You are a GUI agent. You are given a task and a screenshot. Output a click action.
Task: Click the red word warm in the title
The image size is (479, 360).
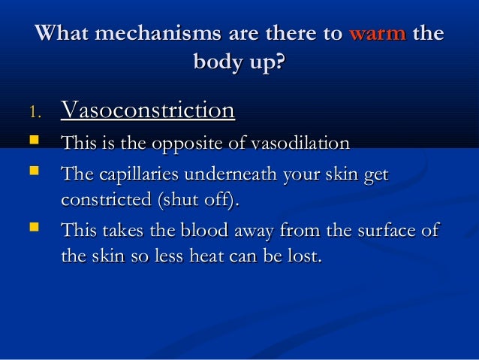click(x=378, y=34)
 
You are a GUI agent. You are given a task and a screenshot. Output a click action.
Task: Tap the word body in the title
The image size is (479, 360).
click(x=218, y=62)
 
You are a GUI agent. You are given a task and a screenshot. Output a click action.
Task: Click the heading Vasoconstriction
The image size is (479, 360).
click(x=147, y=110)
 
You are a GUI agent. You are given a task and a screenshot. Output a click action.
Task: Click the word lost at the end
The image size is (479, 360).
click(x=304, y=257)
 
